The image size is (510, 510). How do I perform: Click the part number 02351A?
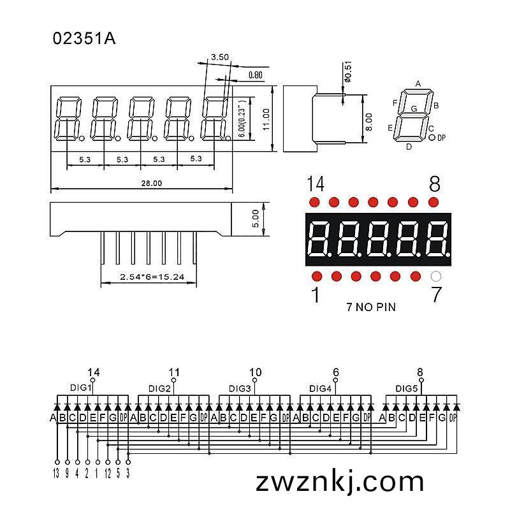click(84, 38)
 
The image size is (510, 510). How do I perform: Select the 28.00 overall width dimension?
click(152, 183)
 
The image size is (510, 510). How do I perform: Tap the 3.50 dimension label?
click(220, 57)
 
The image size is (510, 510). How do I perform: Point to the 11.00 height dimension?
click(266, 119)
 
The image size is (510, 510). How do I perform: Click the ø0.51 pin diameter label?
click(348, 72)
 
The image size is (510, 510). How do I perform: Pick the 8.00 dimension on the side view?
click(369, 122)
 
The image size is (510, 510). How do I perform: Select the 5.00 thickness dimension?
click(256, 219)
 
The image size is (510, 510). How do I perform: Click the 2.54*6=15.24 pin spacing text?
click(152, 277)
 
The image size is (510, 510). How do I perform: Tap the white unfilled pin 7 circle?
click(436, 277)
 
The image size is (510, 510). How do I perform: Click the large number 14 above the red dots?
click(316, 184)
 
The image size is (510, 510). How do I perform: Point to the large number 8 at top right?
click(435, 184)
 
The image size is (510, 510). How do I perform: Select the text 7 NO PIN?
click(371, 307)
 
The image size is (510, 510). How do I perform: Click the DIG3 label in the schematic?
click(240, 388)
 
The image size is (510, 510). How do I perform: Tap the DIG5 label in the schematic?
click(406, 388)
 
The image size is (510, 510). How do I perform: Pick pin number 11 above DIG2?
click(174, 372)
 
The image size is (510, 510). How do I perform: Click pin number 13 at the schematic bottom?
click(56, 473)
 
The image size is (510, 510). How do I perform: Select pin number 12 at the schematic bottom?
click(108, 473)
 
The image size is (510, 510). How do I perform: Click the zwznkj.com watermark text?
click(340, 482)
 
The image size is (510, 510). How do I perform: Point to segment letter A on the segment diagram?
click(418, 84)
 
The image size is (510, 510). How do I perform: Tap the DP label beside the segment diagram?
click(441, 138)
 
